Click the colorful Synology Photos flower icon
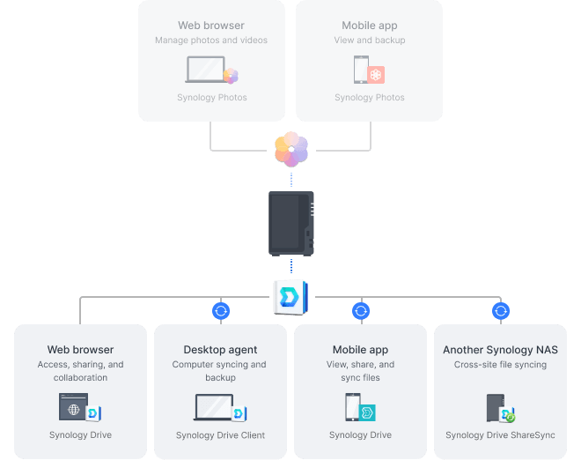click(291, 148)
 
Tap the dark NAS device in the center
click(291, 223)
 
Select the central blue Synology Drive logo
click(290, 296)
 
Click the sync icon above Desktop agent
click(221, 310)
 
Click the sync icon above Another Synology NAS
click(501, 310)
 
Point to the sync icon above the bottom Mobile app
click(360, 310)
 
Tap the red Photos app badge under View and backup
click(376, 75)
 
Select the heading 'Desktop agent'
click(220, 350)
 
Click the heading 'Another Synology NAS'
click(500, 350)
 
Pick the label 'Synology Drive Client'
click(220, 435)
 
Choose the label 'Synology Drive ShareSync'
click(500, 435)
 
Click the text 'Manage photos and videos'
click(211, 41)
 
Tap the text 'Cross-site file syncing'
click(500, 365)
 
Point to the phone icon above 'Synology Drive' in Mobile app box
click(353, 407)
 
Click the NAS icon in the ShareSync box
click(495, 407)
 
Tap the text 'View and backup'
click(370, 41)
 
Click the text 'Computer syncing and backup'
click(220, 371)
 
